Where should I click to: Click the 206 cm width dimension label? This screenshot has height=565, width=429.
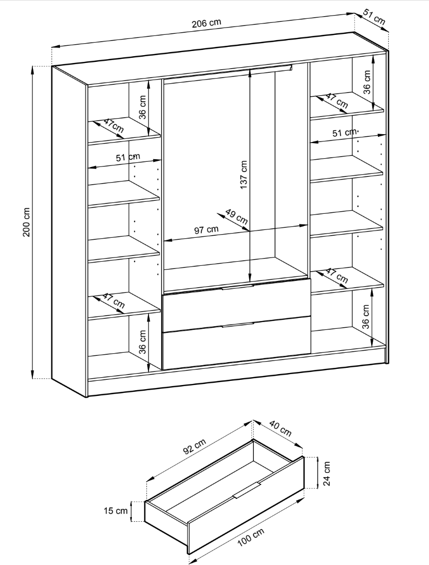(x=206, y=23)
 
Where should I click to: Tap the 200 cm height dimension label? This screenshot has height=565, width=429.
(x=27, y=222)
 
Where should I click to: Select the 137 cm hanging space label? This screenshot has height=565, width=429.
(x=244, y=175)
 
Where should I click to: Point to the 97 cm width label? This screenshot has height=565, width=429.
(x=206, y=229)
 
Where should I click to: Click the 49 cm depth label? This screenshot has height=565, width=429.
(x=237, y=216)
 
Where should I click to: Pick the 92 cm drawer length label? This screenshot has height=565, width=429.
(x=194, y=447)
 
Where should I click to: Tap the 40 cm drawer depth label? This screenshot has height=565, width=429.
(x=280, y=427)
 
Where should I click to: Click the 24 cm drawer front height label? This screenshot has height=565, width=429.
(x=326, y=473)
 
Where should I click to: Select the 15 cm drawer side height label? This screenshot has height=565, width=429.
(x=116, y=510)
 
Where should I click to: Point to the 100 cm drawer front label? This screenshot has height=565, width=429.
(x=251, y=537)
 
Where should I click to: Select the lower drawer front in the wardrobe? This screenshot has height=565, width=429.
(x=237, y=342)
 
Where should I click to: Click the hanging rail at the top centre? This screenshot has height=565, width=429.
(x=228, y=71)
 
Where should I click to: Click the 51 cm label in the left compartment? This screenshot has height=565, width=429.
(x=128, y=158)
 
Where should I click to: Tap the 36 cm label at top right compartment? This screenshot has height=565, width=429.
(x=367, y=82)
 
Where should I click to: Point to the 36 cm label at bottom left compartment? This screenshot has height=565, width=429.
(x=142, y=342)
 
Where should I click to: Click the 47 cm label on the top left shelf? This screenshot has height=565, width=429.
(x=114, y=125)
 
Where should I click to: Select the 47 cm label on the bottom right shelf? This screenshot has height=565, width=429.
(x=337, y=276)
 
